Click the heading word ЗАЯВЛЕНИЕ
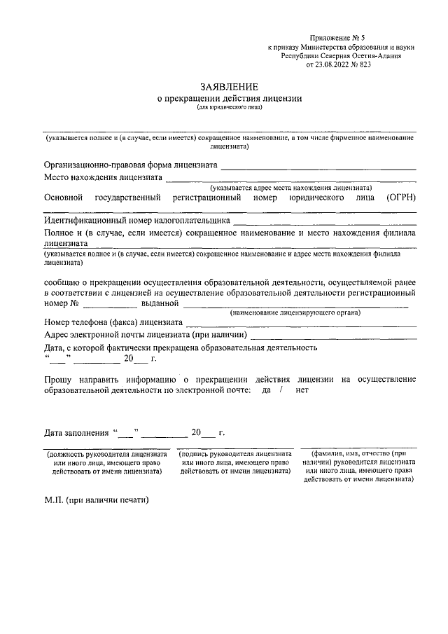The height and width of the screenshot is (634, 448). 230,87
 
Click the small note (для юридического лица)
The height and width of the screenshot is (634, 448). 230,109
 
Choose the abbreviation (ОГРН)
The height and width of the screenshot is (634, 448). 401,198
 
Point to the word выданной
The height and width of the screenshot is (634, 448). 160,304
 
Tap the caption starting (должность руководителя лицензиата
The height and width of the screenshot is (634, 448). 107,462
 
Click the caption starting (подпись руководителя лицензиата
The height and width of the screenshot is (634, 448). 234,462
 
